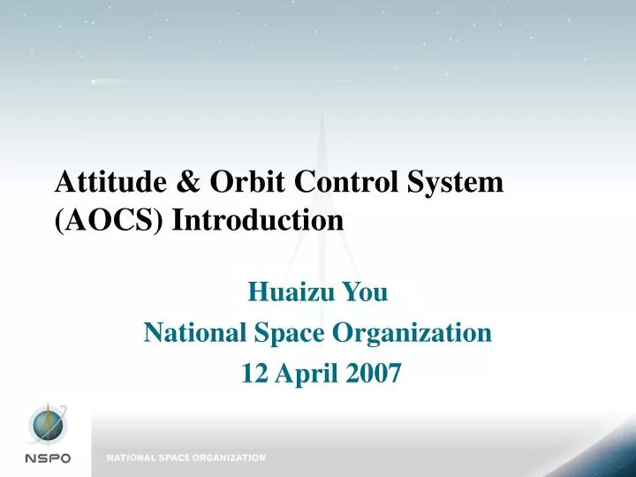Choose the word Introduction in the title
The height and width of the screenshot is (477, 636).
pyautogui.click(x=258, y=220)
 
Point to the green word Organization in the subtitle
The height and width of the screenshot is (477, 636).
pyautogui.click(x=413, y=333)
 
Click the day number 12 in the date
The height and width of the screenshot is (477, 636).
pyautogui.click(x=254, y=375)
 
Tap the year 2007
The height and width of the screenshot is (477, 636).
pyautogui.click(x=373, y=375)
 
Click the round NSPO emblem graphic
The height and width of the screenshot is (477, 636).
pyautogui.click(x=49, y=426)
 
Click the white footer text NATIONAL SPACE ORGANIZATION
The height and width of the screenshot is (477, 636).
pyautogui.click(x=186, y=458)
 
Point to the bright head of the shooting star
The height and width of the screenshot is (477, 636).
pyautogui.click(x=94, y=81)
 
